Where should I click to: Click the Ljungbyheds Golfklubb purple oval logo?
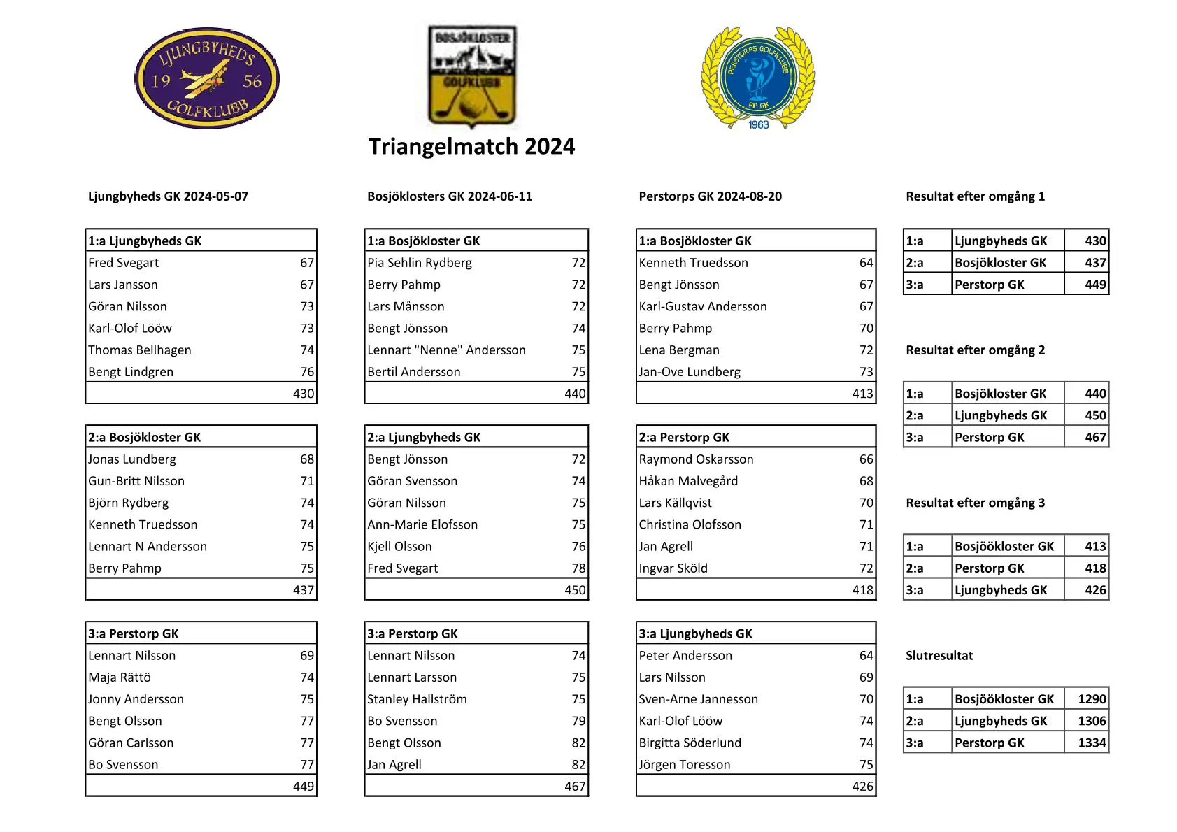coord(206,78)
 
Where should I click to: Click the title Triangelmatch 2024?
coord(471,146)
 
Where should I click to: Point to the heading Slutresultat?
coord(939,655)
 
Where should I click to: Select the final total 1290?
coord(1092,699)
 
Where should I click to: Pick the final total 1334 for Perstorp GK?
coord(1092,743)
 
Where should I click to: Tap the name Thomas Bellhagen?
coord(140,350)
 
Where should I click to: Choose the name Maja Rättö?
coord(120,677)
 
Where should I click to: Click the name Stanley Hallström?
coord(417,699)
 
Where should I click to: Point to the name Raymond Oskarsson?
coord(696,459)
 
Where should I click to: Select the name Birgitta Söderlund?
coord(690,743)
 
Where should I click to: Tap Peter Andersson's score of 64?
coord(866,656)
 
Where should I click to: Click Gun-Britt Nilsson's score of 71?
coord(307,481)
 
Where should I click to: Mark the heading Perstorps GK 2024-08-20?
coord(710,196)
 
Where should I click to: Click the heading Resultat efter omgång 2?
coord(975,350)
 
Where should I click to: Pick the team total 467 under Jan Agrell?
coord(575,787)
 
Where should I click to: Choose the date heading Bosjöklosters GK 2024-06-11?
coord(450,196)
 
